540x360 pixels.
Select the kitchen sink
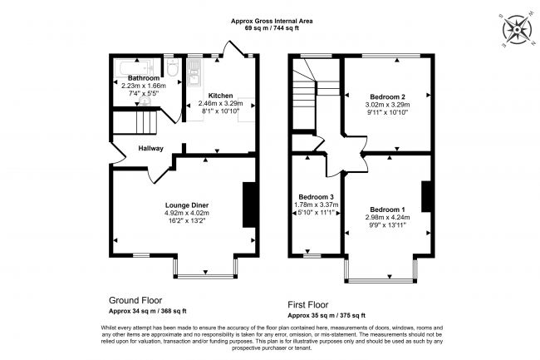pos(192,76)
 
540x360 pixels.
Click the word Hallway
pos(151,149)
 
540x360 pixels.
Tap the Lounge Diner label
pos(185,205)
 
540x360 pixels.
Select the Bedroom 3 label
pos(316,197)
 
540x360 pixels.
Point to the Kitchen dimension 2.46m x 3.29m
pos(220,103)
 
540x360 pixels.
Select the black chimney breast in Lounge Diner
pos(248,205)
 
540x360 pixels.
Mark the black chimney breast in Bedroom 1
pos(425,196)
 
